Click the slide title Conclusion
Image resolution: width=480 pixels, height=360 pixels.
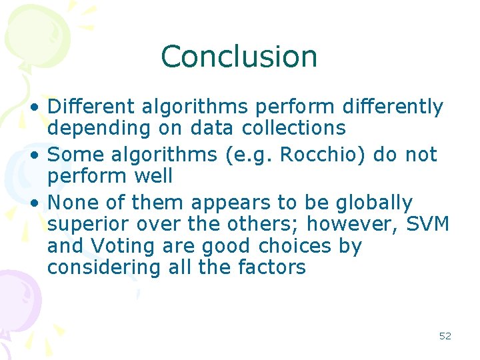pos(239,57)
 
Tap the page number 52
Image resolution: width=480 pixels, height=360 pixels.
pos(445,336)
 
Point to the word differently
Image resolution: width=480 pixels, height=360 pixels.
pos(392,107)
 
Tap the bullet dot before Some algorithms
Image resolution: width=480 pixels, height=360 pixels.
pos(40,155)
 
